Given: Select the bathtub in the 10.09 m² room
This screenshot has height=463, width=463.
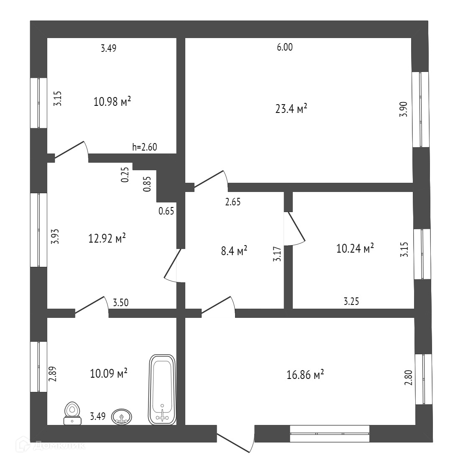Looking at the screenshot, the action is click(162, 389).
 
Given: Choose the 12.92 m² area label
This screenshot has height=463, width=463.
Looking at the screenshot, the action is click(107, 239).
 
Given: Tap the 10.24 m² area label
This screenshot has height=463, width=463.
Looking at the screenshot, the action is click(355, 249).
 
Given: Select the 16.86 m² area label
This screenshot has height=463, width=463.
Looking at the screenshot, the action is click(305, 375).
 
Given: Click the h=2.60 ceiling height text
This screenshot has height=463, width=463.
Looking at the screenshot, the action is click(144, 147).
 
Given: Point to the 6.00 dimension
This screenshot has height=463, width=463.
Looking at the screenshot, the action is click(285, 47).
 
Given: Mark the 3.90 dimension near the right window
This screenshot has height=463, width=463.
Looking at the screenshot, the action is click(403, 110).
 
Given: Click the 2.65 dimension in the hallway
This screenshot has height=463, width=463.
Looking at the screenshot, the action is click(233, 202).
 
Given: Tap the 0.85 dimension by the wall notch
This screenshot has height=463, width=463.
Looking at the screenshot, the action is click(147, 183).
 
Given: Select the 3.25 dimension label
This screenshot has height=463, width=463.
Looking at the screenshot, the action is click(352, 301).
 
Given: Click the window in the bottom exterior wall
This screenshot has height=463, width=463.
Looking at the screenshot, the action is click(330, 433).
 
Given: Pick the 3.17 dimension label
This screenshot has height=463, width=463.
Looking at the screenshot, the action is click(277, 254).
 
